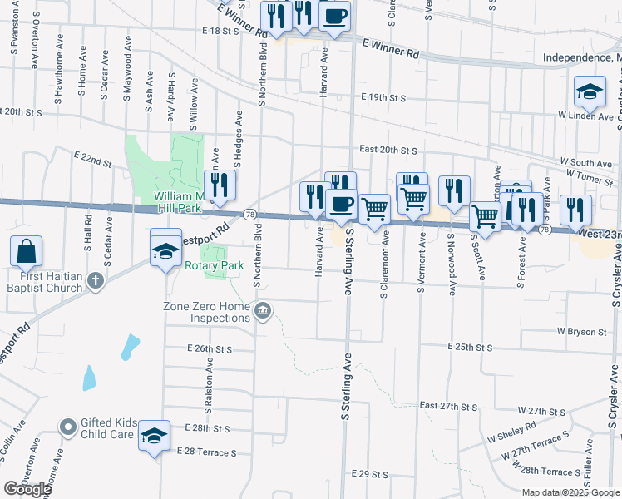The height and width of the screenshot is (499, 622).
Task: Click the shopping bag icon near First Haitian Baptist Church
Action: tap(27, 250)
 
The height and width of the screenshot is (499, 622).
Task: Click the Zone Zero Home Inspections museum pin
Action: tap(263, 334)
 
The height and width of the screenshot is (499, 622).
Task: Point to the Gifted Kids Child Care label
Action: tap(107, 428)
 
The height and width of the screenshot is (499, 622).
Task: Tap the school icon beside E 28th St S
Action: tap(154, 437)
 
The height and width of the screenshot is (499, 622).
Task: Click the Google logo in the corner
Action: tap(27, 489)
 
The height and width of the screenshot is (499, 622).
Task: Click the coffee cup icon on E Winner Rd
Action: tap(334, 17)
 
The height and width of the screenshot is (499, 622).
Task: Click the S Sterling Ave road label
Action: tap(344, 391)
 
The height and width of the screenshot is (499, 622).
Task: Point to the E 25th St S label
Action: tap(470, 346)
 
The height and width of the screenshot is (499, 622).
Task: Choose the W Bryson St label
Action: tap(581, 332)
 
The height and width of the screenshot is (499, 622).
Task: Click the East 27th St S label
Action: tap(448, 406)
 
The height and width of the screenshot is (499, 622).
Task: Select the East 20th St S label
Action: tap(388, 150)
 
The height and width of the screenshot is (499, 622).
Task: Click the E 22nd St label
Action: tap(92, 158)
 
